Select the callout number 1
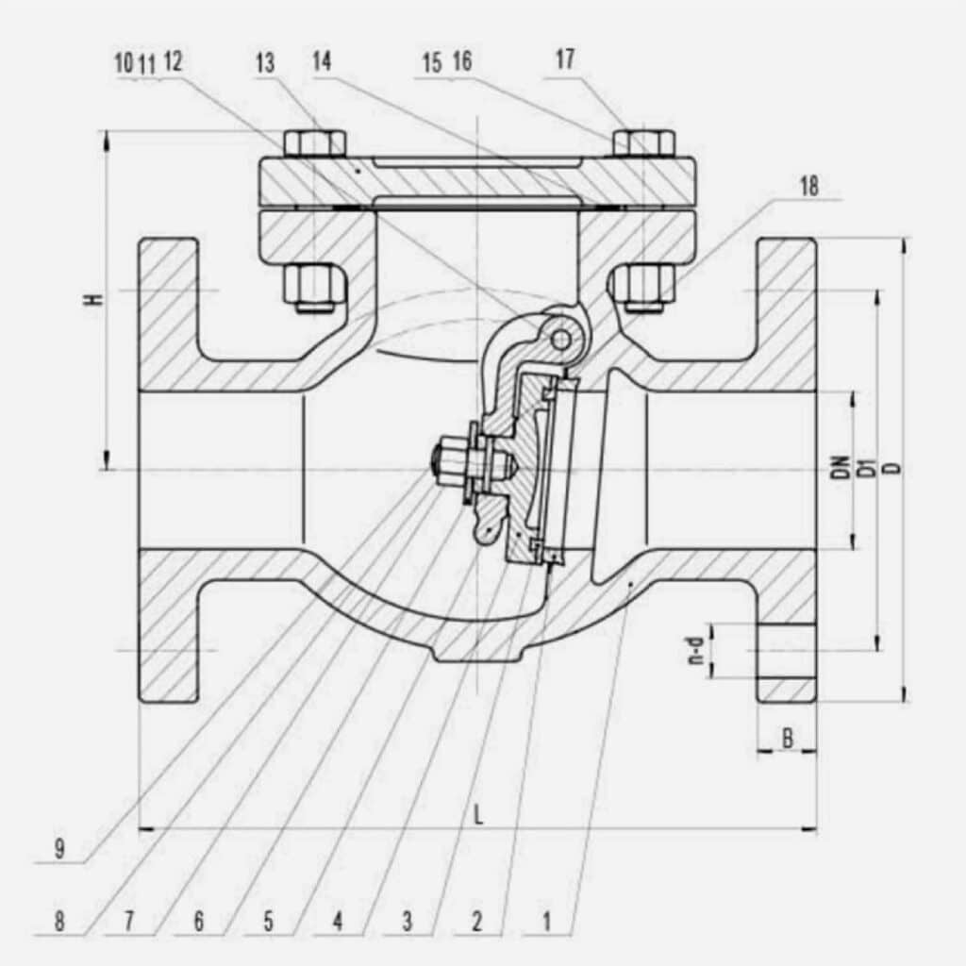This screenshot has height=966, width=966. click(547, 921)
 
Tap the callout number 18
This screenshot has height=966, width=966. click(808, 186)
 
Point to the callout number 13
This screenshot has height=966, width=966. click(265, 63)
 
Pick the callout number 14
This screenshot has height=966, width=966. click(323, 62)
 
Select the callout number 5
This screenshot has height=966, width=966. click(268, 921)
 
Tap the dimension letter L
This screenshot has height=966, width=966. click(478, 816)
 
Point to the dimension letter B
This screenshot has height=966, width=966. click(787, 739)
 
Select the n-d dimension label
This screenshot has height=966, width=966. click(696, 651)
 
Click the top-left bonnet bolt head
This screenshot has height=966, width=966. click(314, 142)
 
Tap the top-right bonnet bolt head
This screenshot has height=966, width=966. click(643, 142)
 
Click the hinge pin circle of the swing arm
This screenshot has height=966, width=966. click(561, 338)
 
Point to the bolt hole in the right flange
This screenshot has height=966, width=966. click(786, 650)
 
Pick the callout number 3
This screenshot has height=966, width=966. click(407, 921)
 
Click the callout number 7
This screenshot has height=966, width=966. click(128, 921)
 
